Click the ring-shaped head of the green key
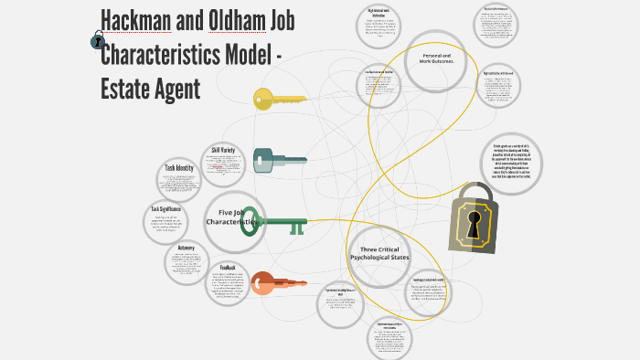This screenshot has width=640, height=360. [251, 222]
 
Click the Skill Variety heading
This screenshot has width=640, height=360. [224, 150]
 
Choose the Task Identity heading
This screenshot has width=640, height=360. [179, 168]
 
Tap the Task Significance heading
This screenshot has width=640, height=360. [166, 209]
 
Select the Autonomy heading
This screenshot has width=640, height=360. [187, 248]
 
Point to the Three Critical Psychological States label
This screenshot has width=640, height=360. [380, 253]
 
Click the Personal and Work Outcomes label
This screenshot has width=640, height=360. [442, 58]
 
